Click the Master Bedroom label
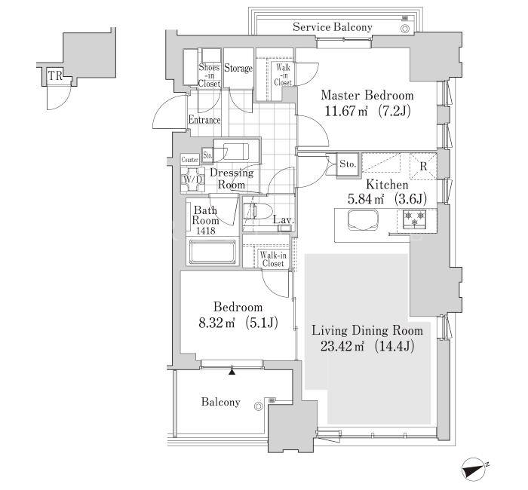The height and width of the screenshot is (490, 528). [367, 95]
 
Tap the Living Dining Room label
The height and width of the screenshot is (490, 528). [367, 330]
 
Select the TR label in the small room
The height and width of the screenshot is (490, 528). [56, 75]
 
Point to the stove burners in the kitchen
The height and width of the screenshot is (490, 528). [415, 219]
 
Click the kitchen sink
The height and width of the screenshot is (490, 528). [363, 220]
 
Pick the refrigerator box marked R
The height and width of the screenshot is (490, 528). [423, 167]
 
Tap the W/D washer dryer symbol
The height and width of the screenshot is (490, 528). [192, 179]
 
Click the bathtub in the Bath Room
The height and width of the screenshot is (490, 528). [212, 252]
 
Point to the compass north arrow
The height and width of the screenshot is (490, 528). [474, 468]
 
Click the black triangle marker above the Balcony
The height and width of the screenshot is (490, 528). [232, 371]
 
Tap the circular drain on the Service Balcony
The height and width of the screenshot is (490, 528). [405, 29]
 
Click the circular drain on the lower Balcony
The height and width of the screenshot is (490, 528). [258, 406]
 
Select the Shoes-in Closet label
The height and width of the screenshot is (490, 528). [209, 75]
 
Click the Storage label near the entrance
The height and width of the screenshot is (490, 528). [238, 69]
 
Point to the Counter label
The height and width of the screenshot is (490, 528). [189, 160]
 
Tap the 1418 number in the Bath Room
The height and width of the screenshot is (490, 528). [205, 231]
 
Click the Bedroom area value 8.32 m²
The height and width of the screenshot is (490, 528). [216, 323]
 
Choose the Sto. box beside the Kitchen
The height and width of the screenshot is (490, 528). [348, 164]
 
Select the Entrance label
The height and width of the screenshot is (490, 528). [204, 120]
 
